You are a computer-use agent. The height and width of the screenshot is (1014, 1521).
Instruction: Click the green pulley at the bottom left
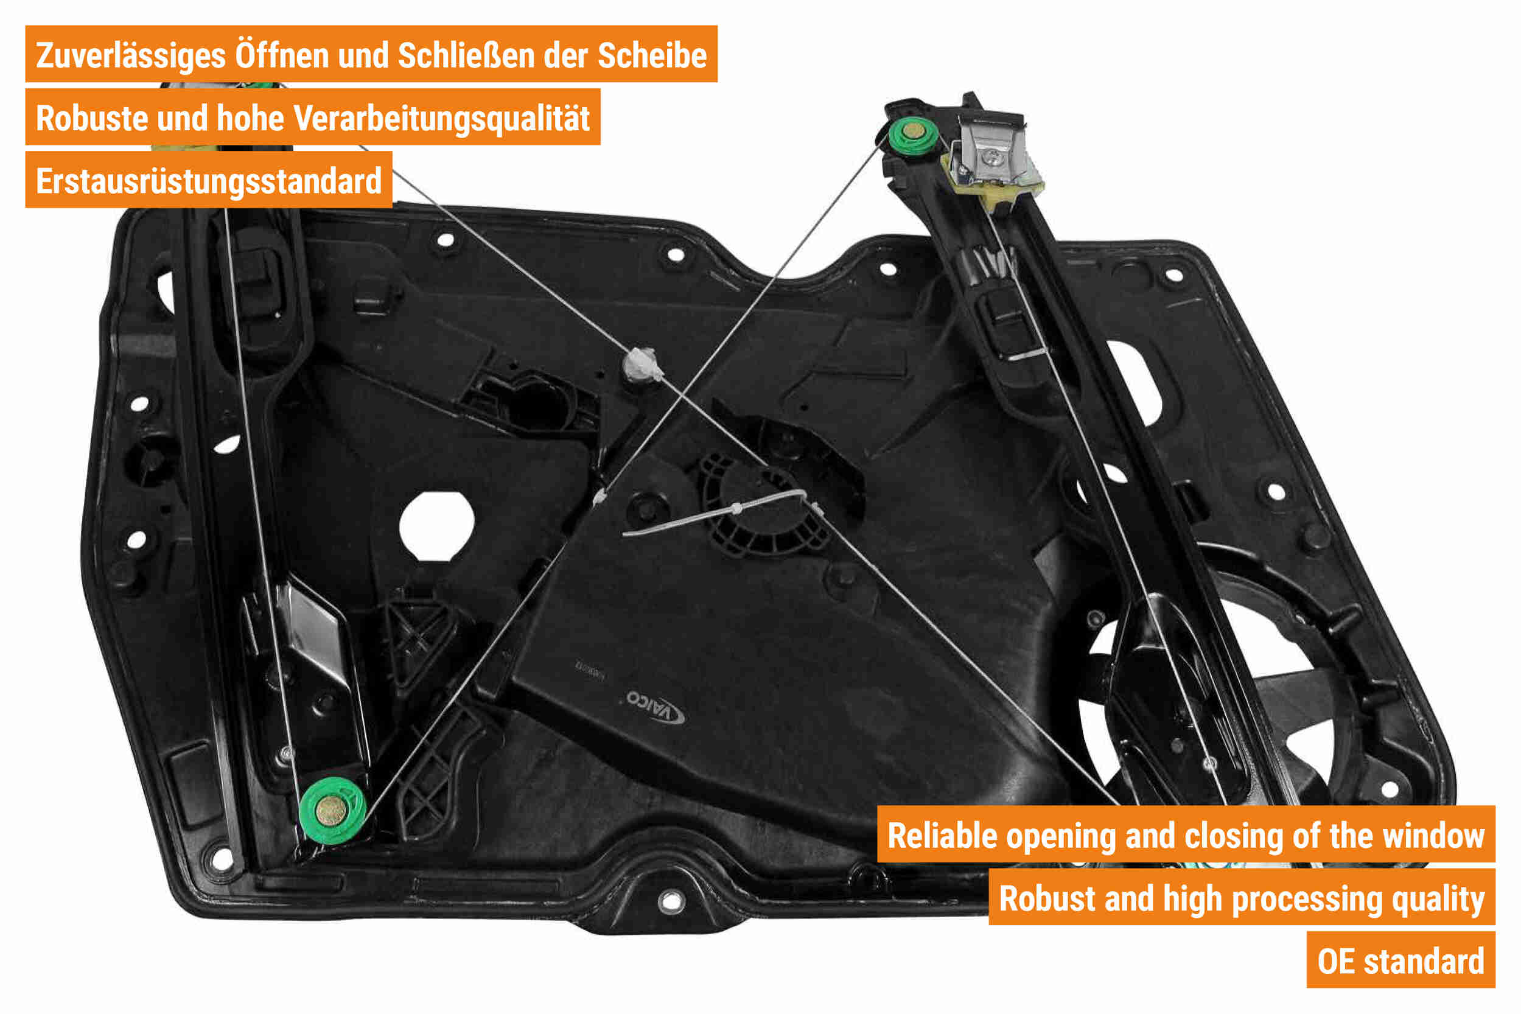pos(332,810)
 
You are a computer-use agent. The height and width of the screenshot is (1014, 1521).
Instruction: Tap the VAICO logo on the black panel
pos(654,707)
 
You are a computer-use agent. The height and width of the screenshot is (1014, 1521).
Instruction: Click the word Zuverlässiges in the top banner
pos(131,55)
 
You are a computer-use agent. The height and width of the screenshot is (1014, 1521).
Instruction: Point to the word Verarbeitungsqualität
pos(442,118)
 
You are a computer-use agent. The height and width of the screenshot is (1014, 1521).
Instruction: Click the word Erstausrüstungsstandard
pos(208,181)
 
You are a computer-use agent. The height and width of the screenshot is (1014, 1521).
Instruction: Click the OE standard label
pos(1400,962)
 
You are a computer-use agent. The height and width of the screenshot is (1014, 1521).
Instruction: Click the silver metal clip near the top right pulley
pos(991,150)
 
